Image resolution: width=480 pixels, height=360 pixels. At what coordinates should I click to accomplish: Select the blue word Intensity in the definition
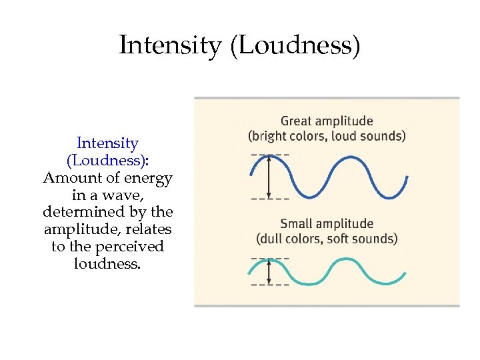(x=107, y=143)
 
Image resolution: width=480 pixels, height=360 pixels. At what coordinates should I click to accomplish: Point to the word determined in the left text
(x=86, y=212)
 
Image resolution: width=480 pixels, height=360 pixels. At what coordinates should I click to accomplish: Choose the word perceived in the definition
(x=130, y=247)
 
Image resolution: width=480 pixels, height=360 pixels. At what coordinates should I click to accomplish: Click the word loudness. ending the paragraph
(x=107, y=263)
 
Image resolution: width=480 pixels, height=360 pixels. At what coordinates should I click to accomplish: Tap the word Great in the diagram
(x=297, y=121)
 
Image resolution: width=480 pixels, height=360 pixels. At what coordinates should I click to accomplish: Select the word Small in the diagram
(x=297, y=223)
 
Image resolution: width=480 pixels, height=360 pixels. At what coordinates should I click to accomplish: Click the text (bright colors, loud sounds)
(x=327, y=136)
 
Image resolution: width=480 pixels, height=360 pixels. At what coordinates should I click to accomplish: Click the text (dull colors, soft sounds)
(x=327, y=238)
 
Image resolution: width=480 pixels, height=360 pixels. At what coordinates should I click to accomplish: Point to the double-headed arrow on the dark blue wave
(x=269, y=177)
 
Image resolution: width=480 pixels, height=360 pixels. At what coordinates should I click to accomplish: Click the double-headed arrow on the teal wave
(x=269, y=271)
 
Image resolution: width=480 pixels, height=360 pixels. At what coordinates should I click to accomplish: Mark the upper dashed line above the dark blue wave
(x=270, y=155)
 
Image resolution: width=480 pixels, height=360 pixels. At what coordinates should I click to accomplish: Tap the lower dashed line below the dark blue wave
(x=270, y=199)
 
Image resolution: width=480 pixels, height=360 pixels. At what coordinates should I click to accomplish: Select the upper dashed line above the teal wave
(x=270, y=257)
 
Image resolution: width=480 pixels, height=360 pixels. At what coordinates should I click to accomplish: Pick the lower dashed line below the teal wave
(x=270, y=285)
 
